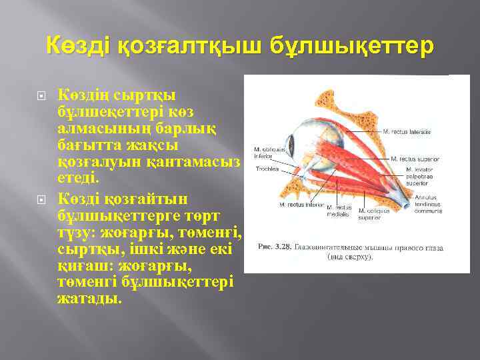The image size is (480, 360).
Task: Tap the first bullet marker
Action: [x=41, y=97]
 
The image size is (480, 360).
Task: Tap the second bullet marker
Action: [x=41, y=199]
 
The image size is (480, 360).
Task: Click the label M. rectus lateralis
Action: [x=408, y=133]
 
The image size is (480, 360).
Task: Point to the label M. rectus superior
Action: [x=416, y=159]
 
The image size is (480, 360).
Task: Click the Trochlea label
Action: [x=267, y=169]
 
